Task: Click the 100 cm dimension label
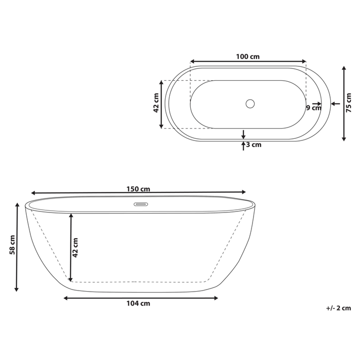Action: coord(247,56)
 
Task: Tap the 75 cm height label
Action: coord(349,103)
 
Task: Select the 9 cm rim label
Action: coord(313,107)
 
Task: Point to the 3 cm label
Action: coord(254,145)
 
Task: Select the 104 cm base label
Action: coord(139,303)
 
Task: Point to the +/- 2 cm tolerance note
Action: coord(338,308)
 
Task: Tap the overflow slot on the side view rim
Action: coord(141,204)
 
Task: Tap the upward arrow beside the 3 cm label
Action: coord(244,146)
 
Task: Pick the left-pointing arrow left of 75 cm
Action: coord(335,104)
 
